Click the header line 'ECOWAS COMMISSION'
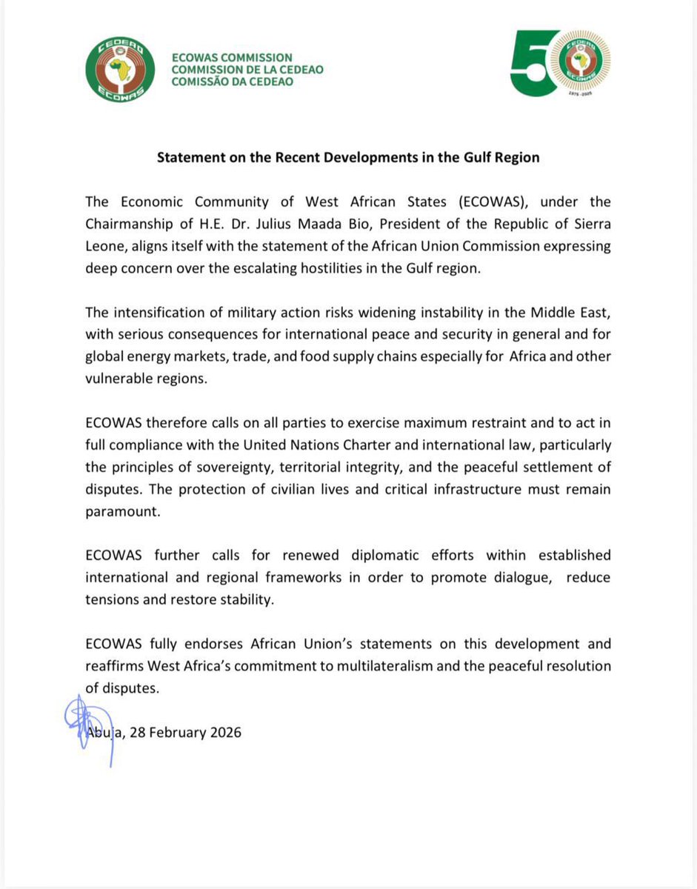tap(231, 58)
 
